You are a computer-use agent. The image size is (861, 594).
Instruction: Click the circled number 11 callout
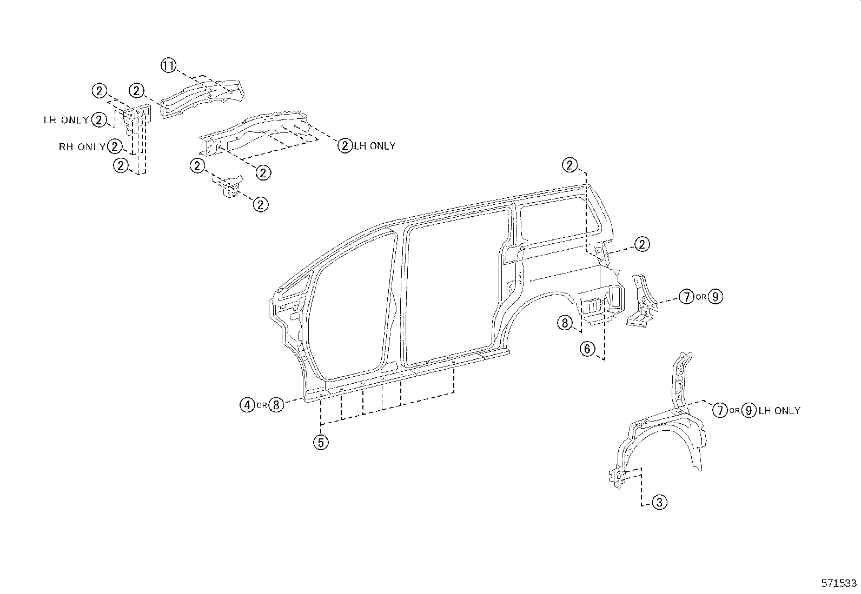[x=169, y=66]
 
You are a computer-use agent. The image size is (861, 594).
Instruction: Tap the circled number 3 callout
[x=659, y=503]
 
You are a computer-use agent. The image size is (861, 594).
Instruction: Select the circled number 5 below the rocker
[x=321, y=443]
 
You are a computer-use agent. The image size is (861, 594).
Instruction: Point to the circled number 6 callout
[x=588, y=349]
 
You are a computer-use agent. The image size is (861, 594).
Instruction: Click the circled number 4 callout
[x=247, y=404]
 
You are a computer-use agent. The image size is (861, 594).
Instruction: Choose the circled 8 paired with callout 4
[x=276, y=404]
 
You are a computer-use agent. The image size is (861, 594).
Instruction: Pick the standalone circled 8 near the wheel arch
[x=565, y=323]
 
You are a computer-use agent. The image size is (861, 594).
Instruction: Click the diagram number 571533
[x=839, y=584]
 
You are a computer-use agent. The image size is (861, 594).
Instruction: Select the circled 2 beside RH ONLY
[x=115, y=146]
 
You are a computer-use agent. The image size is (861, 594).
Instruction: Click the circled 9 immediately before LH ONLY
[x=749, y=411]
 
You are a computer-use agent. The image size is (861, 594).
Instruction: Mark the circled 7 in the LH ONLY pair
[x=719, y=411]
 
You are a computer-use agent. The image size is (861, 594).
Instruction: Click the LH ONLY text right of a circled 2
[x=374, y=146]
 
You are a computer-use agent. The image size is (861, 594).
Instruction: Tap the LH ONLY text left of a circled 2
[x=66, y=120]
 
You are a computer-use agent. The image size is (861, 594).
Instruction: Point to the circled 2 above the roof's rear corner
[x=570, y=165]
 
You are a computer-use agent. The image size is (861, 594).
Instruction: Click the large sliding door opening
[x=454, y=286]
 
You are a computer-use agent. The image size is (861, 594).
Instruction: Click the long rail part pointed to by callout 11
[x=203, y=97]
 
